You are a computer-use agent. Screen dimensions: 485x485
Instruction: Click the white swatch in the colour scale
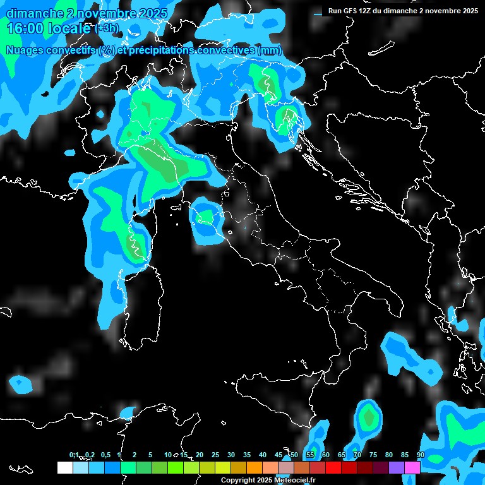(64, 468)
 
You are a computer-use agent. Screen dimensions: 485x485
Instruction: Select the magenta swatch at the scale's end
(412, 468)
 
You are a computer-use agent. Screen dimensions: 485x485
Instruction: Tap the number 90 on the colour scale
(421, 455)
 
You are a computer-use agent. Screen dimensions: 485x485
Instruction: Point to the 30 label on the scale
(231, 455)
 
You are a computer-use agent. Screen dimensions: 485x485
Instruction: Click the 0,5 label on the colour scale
(105, 455)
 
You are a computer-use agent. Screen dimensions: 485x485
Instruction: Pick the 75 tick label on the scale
(373, 455)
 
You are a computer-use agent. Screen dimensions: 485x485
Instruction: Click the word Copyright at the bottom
(238, 481)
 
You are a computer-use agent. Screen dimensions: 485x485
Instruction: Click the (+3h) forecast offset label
(106, 28)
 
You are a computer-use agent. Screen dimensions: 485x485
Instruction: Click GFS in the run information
(351, 11)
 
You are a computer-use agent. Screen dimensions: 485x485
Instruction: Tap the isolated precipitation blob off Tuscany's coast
(206, 219)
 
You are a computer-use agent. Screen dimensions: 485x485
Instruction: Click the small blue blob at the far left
(21, 383)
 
